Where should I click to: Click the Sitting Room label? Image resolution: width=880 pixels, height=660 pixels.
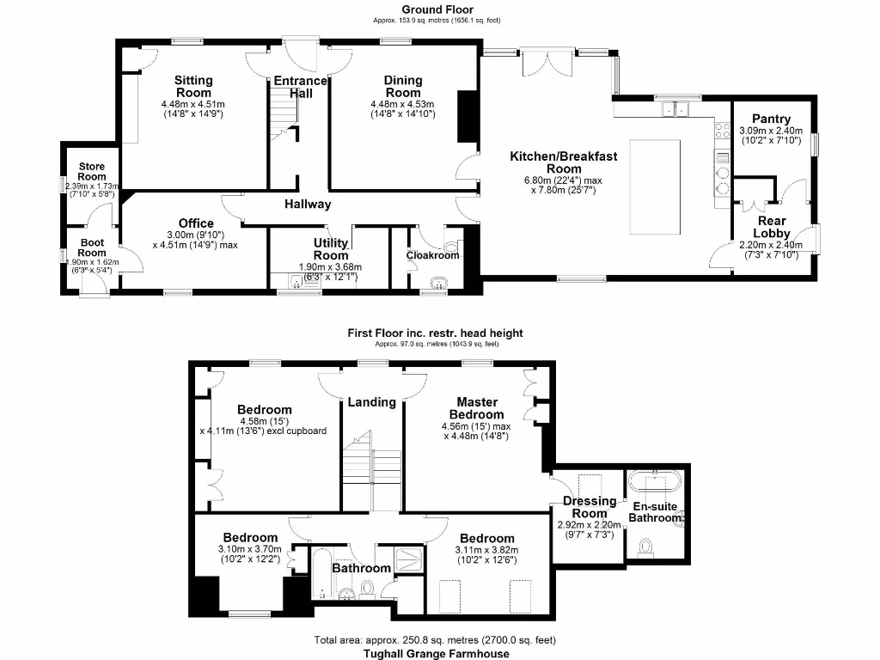(x=193, y=86)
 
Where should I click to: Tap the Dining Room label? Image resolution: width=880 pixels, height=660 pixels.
(x=402, y=86)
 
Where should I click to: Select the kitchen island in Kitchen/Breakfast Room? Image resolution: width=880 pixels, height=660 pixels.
(x=656, y=186)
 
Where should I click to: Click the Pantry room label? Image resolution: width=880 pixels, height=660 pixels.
(x=770, y=119)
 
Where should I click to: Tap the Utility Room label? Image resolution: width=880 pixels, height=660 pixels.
(x=331, y=249)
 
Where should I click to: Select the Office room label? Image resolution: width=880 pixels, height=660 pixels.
(x=196, y=223)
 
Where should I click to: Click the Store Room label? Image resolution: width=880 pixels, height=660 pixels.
(x=92, y=172)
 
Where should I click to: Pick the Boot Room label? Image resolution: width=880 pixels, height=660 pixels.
(x=92, y=247)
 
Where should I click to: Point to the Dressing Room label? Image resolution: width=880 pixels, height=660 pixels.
(x=590, y=507)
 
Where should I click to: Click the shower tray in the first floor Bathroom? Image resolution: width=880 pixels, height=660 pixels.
(x=408, y=559)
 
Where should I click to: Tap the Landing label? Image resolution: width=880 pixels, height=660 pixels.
(x=371, y=401)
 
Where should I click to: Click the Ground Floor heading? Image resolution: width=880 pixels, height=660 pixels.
(x=437, y=9)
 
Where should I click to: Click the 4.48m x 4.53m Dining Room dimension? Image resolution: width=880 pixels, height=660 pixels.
(x=402, y=105)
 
